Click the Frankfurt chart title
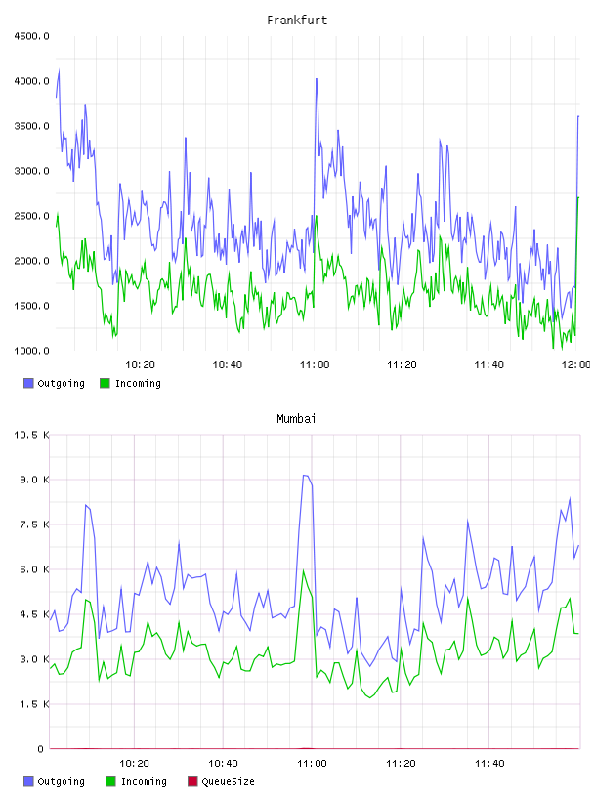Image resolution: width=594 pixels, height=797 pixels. point(297,21)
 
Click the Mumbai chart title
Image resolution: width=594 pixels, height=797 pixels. point(296,419)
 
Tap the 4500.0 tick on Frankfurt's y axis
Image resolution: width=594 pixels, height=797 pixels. point(31,36)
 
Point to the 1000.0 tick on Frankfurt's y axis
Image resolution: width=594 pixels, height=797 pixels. point(31,351)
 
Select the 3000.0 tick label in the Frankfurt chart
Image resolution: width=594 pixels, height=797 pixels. point(31,171)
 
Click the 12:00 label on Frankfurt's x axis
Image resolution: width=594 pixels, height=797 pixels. point(576,365)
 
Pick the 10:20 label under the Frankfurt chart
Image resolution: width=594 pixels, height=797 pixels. point(140,365)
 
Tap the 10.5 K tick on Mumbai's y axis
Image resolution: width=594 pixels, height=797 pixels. point(31,435)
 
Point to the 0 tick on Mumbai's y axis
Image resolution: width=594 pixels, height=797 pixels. point(41,749)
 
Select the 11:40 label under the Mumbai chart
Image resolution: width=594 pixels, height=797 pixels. point(489,764)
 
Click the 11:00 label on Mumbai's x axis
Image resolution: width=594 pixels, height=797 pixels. point(312,764)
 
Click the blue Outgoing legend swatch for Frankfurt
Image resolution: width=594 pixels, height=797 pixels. point(28,383)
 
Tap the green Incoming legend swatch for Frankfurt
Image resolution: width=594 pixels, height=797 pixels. point(105,383)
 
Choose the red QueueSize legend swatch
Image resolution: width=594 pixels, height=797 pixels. point(192,781)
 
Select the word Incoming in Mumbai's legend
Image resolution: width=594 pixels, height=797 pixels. point(144,782)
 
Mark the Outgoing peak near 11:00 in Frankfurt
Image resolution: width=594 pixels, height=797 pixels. point(317,79)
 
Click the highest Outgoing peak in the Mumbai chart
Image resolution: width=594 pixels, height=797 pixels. point(305,476)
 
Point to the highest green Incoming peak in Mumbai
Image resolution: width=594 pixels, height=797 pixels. point(304,570)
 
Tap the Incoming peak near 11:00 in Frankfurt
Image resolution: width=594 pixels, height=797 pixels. point(317,216)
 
